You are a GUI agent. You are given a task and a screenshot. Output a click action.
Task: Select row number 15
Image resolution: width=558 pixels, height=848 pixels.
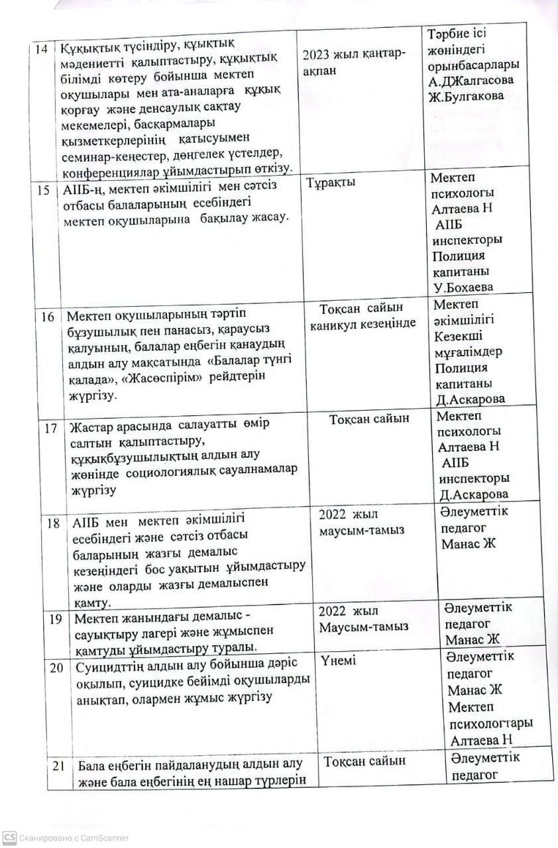[44, 190]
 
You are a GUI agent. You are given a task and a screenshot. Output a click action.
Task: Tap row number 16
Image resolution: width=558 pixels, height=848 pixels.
[47, 316]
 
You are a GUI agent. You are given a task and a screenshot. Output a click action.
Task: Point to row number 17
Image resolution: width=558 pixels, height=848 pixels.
[51, 427]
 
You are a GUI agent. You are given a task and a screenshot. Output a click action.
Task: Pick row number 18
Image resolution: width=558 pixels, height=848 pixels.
[54, 523]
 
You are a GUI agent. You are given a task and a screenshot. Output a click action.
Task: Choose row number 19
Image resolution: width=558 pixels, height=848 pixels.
[56, 618]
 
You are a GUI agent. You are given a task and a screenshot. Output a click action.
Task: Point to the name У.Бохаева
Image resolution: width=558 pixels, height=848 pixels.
[463, 287]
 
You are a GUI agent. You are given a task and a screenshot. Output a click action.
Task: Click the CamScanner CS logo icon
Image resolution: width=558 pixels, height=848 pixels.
[9, 837]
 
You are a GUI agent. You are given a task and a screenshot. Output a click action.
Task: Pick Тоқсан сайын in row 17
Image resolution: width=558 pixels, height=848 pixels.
[369, 419]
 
